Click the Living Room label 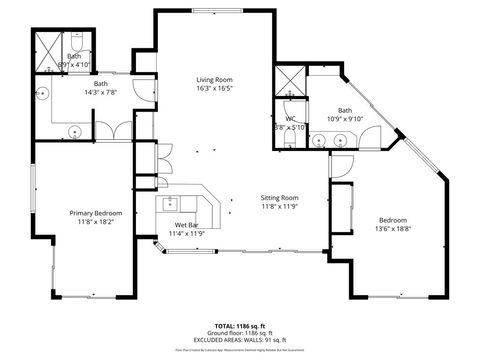click(214, 79)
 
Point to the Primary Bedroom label click(96, 212)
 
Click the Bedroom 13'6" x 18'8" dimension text click(392, 229)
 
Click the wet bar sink click(171, 206)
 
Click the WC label click(290, 119)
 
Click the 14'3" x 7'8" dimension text click(101, 92)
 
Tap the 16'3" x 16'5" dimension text click(214, 88)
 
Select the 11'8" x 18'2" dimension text click(96, 221)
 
